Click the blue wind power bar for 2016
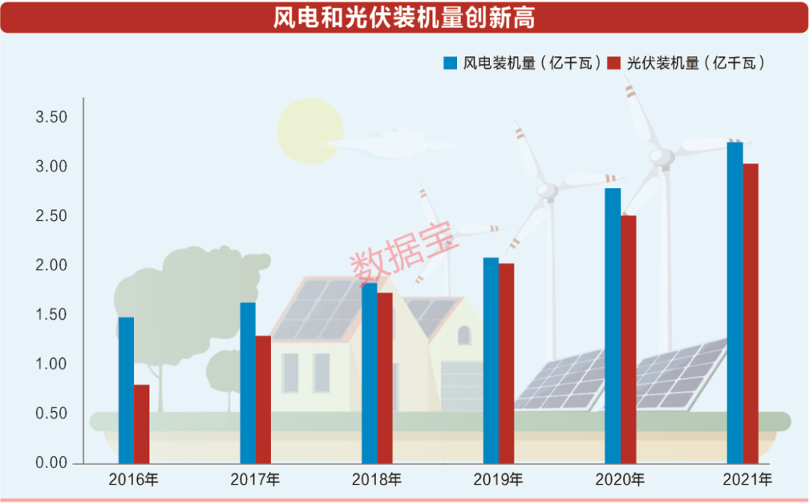click(126, 389)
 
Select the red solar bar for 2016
click(142, 424)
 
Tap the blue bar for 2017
click(247, 382)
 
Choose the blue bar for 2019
click(491, 360)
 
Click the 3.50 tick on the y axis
click(51, 118)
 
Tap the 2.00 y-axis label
click(51, 266)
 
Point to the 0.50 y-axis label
click(51, 414)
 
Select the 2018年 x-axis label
click(377, 480)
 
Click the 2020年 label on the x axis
click(619, 480)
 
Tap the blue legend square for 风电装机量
click(450, 63)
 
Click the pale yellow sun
click(308, 131)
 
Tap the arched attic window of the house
click(464, 335)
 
